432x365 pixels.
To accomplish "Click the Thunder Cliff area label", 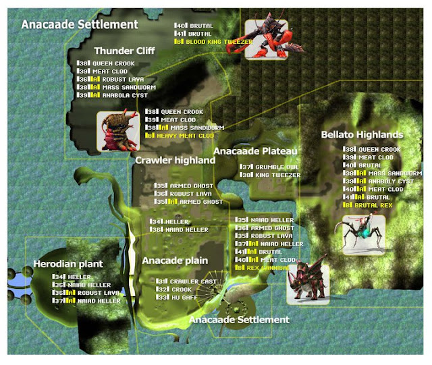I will coord(124,51).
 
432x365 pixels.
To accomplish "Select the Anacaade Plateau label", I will coord(256,151).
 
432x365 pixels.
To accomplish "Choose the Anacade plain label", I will coord(175,260).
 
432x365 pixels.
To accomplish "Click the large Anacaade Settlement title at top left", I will coord(80,24).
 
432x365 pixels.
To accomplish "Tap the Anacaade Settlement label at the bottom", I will coord(239,319).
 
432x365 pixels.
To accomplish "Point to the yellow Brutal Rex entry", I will coord(371,204).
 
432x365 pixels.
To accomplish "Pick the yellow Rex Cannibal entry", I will coord(266,268).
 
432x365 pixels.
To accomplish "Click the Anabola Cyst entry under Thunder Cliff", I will coord(112,96).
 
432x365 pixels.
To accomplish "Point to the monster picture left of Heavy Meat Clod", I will coord(117,131).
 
